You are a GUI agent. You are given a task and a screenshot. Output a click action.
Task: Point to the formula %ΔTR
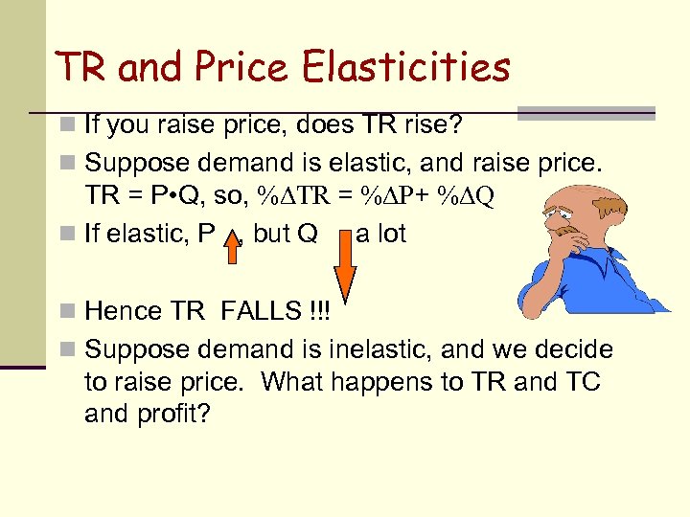(x=287, y=197)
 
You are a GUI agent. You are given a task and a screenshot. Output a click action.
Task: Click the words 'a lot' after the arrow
(x=381, y=234)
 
